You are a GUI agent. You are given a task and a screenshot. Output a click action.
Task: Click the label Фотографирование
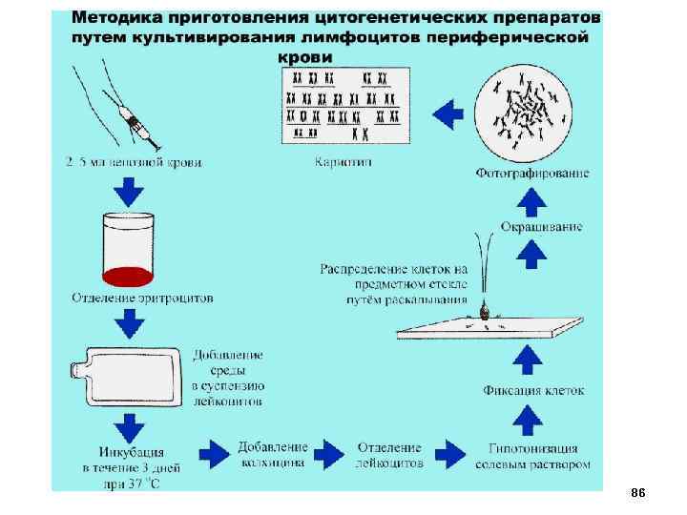point(532,173)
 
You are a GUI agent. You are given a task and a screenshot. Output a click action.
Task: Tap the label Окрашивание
point(540,226)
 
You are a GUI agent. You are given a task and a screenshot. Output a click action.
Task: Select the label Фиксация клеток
point(533,391)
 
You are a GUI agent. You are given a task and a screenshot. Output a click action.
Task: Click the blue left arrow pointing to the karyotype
point(448,114)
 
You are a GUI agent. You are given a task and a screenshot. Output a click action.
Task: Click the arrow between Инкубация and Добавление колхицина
point(211,453)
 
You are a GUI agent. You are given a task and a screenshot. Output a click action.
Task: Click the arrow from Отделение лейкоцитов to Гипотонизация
point(451,453)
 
